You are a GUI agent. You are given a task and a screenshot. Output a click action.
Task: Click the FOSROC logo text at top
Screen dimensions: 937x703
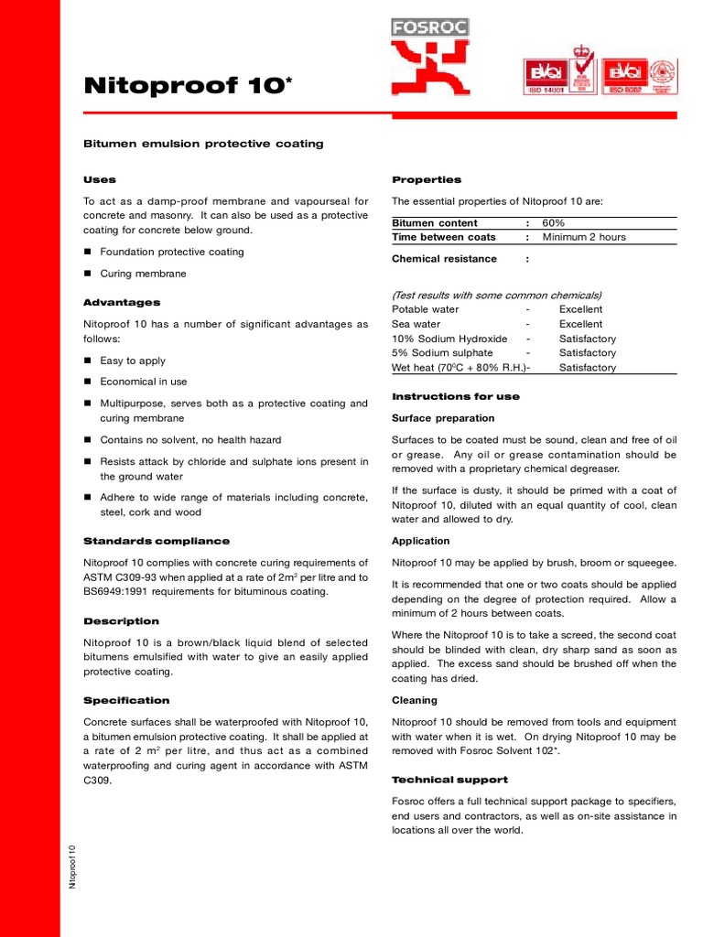pyautogui.click(x=429, y=27)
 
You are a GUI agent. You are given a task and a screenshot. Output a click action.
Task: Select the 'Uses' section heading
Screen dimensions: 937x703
pyautogui.click(x=100, y=179)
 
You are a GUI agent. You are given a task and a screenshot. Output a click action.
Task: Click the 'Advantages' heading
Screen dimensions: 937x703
pyautogui.click(x=122, y=302)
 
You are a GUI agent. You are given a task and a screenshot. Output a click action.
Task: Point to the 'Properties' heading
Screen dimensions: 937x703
pyautogui.click(x=427, y=179)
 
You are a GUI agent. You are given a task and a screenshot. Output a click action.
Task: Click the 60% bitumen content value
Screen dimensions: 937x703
pyautogui.click(x=554, y=222)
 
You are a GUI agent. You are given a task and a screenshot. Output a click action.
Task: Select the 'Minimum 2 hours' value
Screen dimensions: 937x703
pyautogui.click(x=584, y=237)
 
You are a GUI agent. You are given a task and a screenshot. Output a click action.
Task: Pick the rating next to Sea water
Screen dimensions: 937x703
pyautogui.click(x=580, y=324)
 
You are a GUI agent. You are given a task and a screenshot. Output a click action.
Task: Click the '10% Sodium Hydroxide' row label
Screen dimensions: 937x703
pyautogui.click(x=449, y=339)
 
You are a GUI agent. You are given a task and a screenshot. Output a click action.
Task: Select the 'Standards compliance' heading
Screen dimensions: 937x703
pyautogui.click(x=157, y=541)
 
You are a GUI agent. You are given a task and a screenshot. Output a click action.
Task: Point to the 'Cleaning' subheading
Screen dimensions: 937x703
pyautogui.click(x=415, y=700)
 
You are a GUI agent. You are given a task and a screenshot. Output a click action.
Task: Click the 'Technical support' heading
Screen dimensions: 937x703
pyautogui.click(x=449, y=780)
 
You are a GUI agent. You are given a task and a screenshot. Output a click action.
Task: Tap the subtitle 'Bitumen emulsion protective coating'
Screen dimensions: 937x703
pyautogui.click(x=203, y=145)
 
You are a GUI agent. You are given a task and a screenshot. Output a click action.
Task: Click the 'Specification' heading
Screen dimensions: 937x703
pyautogui.click(x=126, y=700)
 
